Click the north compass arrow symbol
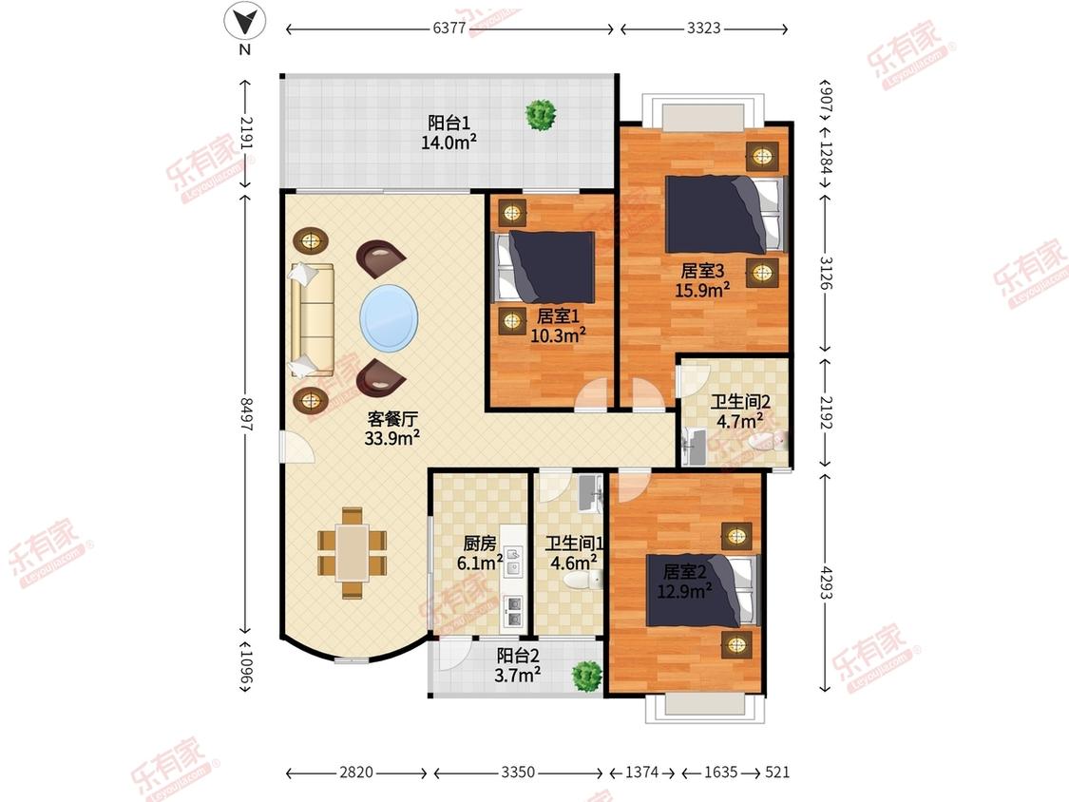click(x=245, y=21)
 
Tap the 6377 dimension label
click(x=449, y=28)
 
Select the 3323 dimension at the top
click(x=703, y=28)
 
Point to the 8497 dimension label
click(x=246, y=414)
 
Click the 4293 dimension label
click(x=827, y=582)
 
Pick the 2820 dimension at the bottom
click(x=356, y=772)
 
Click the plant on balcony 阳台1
click(x=541, y=115)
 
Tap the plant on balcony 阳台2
click(x=586, y=676)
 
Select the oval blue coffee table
click(x=390, y=317)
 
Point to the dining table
click(x=352, y=553)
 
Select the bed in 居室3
click(x=726, y=214)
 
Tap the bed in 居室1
click(x=544, y=267)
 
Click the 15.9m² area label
click(x=702, y=290)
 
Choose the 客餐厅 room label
click(x=391, y=419)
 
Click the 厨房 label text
click(x=480, y=544)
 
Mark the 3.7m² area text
click(x=518, y=676)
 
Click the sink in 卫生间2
click(x=694, y=447)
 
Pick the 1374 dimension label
click(x=642, y=772)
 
